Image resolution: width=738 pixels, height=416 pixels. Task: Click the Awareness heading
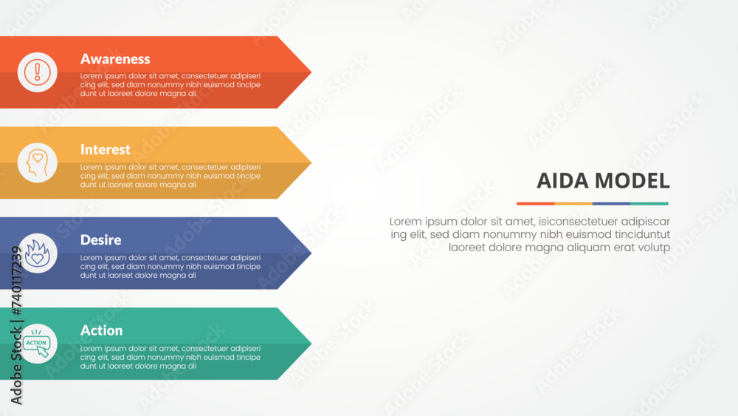[115, 59]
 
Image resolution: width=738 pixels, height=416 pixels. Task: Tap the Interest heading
[105, 149]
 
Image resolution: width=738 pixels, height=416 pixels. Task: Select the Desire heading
[100, 240]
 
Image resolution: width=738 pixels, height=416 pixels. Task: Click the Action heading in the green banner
[101, 330]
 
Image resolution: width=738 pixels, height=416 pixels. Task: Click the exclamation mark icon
[37, 72]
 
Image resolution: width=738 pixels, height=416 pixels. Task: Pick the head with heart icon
[37, 163]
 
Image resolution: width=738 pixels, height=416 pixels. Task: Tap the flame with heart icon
[37, 253]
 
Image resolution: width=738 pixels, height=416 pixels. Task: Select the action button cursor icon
[37, 344]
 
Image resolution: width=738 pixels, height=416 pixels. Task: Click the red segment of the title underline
[536, 203]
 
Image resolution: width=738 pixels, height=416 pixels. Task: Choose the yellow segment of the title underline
[573, 203]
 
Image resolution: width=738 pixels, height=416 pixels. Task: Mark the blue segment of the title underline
[611, 203]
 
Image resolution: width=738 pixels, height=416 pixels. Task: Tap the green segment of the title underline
[649, 203]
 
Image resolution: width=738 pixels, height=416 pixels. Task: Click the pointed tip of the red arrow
[311, 72]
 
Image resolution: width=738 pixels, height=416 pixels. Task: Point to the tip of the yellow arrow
[311, 163]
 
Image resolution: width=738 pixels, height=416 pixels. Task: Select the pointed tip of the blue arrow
[311, 253]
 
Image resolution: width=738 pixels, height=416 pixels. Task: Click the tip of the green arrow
[311, 344]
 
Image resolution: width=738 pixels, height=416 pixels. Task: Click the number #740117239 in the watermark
[16, 281]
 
